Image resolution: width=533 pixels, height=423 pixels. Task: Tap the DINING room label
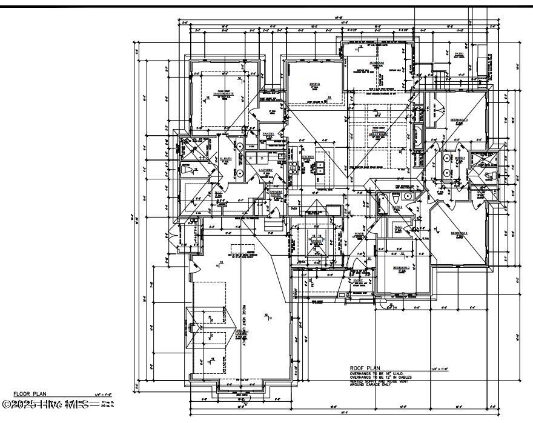click(x=314, y=84)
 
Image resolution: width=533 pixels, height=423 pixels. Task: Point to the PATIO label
click(x=459, y=54)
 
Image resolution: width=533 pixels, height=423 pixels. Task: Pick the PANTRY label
click(x=268, y=133)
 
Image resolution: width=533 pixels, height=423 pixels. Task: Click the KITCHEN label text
click(x=307, y=156)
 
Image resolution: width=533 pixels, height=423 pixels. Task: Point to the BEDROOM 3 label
click(x=459, y=120)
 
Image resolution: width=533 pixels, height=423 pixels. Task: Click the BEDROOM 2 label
click(x=401, y=267)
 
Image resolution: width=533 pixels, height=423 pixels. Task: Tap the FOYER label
click(x=359, y=233)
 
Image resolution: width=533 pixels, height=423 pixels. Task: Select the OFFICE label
click(x=315, y=240)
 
